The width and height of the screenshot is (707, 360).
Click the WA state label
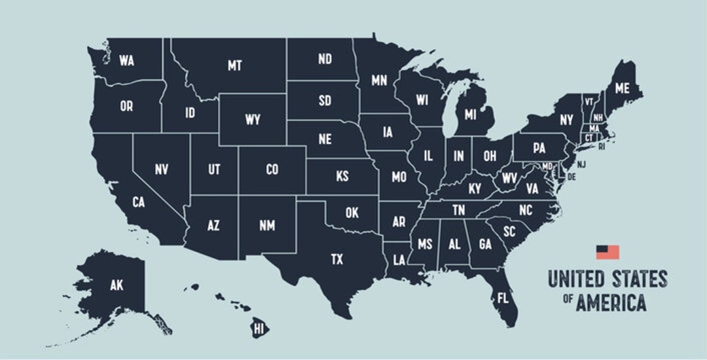click(126, 61)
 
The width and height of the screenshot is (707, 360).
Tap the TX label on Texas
click(336, 260)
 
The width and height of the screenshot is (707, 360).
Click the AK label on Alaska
click(117, 285)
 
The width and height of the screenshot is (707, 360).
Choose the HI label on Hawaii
click(259, 327)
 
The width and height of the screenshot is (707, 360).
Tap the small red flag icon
click(607, 251)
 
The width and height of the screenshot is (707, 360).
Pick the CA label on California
click(138, 202)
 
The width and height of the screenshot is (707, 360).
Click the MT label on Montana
click(234, 65)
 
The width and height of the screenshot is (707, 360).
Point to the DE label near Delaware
click(571, 177)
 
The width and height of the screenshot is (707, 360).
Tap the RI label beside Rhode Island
click(602, 147)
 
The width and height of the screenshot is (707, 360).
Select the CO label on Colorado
click(272, 170)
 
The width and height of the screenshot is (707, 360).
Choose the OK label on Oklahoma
click(352, 213)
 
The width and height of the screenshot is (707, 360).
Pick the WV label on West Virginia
click(509, 178)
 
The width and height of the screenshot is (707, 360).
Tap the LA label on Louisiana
click(398, 259)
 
